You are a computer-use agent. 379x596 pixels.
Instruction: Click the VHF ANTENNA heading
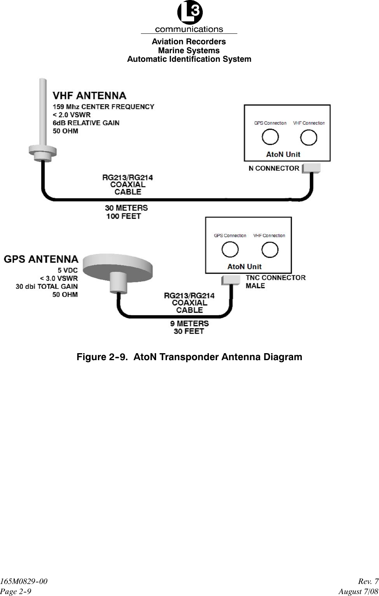89,96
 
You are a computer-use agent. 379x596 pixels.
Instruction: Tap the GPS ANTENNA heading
41,259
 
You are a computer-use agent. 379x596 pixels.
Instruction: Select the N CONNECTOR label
274,168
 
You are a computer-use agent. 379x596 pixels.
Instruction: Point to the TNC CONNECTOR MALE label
275,282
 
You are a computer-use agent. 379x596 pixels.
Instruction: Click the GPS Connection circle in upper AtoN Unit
270,137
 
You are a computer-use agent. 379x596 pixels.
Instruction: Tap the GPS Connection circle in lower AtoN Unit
230,249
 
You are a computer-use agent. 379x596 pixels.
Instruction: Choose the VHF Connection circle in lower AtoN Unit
269,249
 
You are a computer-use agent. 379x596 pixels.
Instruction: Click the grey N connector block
312,168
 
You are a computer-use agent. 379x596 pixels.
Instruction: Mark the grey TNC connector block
232,280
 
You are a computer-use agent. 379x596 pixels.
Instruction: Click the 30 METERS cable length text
126,208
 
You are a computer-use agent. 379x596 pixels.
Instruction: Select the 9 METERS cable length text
189,323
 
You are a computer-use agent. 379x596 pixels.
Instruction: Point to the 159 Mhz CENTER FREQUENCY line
103,106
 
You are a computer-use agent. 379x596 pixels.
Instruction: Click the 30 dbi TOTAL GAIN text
47,286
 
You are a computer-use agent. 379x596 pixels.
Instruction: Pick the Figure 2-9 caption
189,357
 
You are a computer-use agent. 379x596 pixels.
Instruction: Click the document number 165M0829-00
24,581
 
